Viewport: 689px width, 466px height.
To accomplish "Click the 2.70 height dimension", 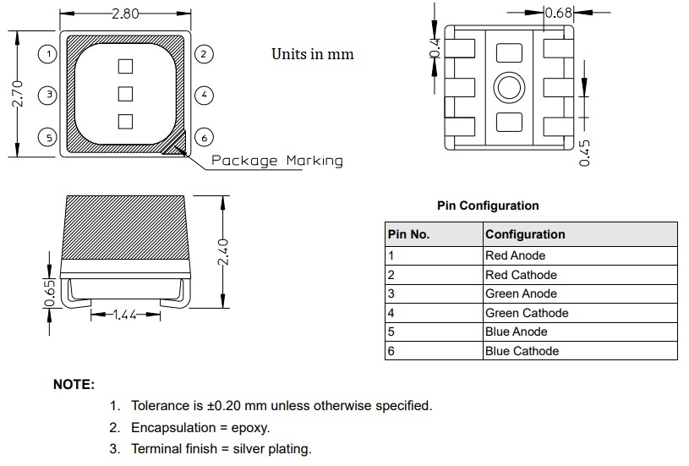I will tap(17, 94).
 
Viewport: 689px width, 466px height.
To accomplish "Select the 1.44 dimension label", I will tap(126, 315).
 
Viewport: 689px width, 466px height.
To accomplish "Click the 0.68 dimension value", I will tap(559, 14).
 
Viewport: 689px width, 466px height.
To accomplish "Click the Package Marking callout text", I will tap(277, 161).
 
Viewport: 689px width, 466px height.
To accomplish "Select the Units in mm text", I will tap(312, 54).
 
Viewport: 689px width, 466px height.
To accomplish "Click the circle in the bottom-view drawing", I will tap(510, 88).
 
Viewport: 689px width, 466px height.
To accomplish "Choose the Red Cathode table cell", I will tap(521, 275).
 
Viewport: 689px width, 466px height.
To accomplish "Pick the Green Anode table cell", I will tap(521, 293).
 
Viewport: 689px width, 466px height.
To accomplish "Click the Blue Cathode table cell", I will tap(522, 351).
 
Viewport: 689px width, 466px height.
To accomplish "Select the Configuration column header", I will tap(525, 234).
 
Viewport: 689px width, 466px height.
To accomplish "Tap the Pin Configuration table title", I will tap(488, 206).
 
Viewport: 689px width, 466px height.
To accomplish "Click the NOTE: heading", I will tap(74, 385).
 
